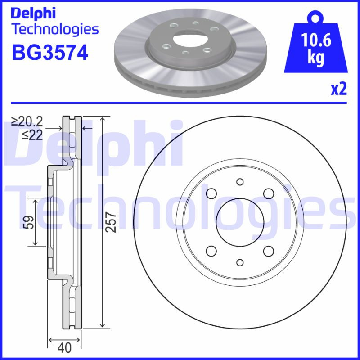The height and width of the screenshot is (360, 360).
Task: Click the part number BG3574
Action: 49,53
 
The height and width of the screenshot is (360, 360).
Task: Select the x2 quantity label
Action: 339,90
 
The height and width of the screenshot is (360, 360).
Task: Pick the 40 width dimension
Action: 65,347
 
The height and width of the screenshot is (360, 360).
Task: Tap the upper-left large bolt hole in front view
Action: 211,193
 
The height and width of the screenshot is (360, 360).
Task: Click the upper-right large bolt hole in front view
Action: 269,193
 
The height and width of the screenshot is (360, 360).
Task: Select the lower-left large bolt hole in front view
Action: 211,251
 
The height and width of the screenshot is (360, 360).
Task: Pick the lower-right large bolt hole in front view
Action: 269,251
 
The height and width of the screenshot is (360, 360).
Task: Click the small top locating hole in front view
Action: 240,181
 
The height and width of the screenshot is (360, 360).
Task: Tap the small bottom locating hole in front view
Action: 240,262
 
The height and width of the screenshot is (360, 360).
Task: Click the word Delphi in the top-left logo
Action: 34,13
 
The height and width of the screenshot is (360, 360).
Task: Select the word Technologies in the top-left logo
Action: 54,30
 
